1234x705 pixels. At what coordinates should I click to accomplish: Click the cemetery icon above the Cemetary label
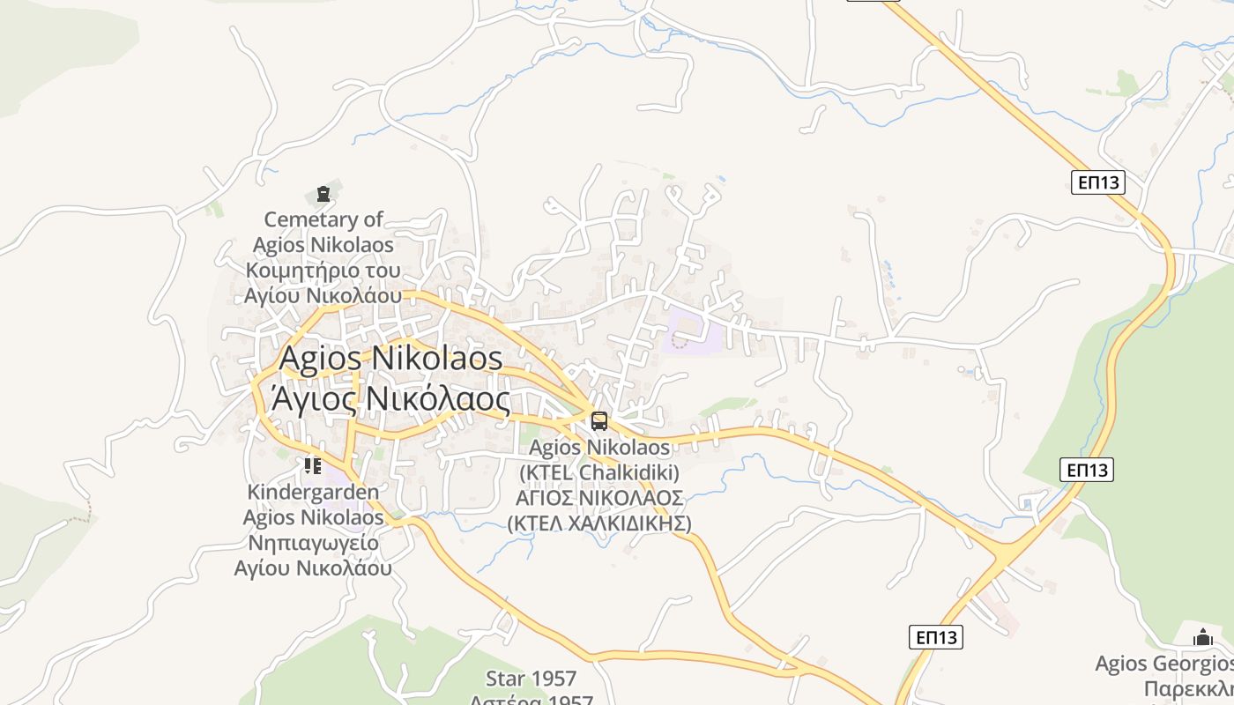coord(323,194)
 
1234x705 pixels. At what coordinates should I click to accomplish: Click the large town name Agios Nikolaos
coord(390,358)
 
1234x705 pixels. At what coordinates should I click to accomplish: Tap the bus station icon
coord(599,421)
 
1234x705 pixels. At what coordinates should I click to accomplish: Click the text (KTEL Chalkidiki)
coord(599,473)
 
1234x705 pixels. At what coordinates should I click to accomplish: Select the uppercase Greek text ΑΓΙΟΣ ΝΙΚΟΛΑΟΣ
coord(599,498)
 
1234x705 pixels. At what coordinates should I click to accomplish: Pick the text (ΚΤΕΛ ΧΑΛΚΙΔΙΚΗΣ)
coord(599,523)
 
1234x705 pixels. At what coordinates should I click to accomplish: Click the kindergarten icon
coord(312,465)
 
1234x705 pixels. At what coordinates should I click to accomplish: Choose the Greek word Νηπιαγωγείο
coord(313,542)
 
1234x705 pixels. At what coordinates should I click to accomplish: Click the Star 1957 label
coord(531,679)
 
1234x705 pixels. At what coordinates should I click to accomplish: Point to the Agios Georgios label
coord(1163,664)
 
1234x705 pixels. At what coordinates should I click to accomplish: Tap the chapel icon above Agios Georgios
coord(1203,637)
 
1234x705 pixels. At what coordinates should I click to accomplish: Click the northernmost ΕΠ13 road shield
coord(1098,182)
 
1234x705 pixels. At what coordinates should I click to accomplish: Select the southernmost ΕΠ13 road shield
coord(936,637)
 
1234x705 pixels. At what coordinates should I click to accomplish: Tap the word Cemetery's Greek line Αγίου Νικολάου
coord(323,295)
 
